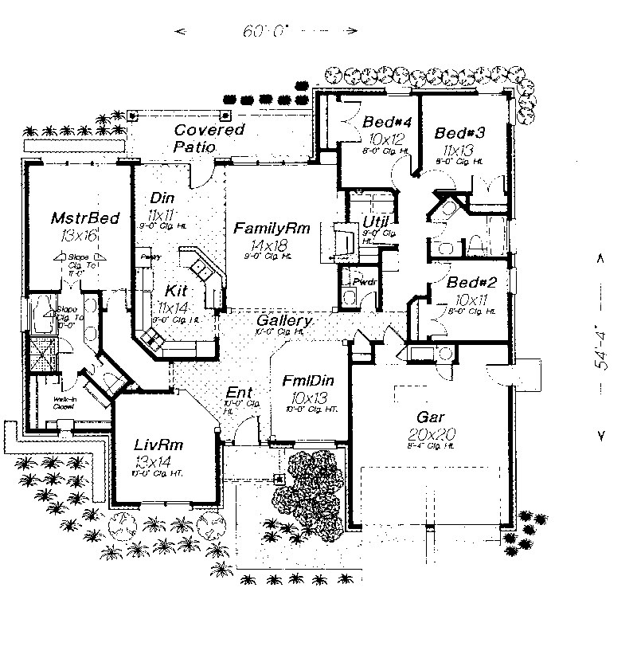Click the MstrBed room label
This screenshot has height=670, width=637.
click(x=74, y=218)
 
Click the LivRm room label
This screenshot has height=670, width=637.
click(x=154, y=442)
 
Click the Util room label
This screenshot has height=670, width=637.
click(x=375, y=221)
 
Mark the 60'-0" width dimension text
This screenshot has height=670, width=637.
click(x=267, y=32)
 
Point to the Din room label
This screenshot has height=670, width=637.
click(x=162, y=198)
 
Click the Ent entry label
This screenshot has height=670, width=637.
click(x=239, y=392)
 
